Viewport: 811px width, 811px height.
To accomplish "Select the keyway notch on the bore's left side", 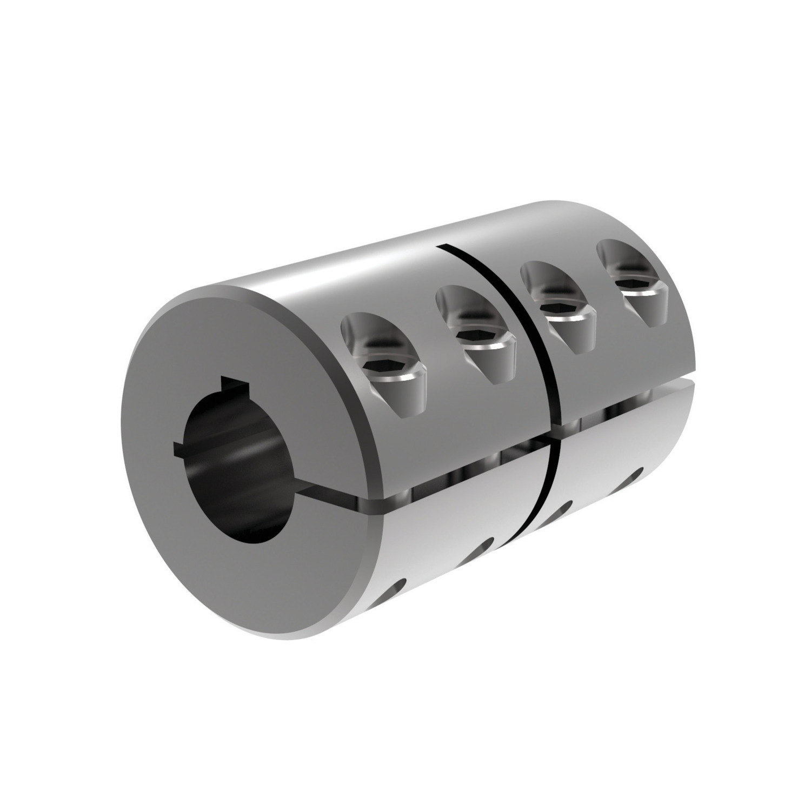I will pos(180,447).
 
